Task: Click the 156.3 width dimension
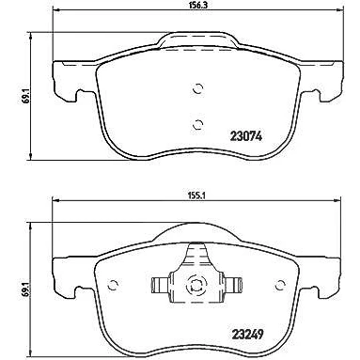(196, 6)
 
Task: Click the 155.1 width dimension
(196, 196)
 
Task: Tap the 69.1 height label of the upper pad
(26, 96)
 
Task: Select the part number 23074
(246, 136)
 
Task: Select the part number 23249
(247, 335)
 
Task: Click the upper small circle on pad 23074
(197, 89)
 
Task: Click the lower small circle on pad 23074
(197, 125)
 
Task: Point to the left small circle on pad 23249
(113, 285)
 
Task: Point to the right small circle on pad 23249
(280, 285)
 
